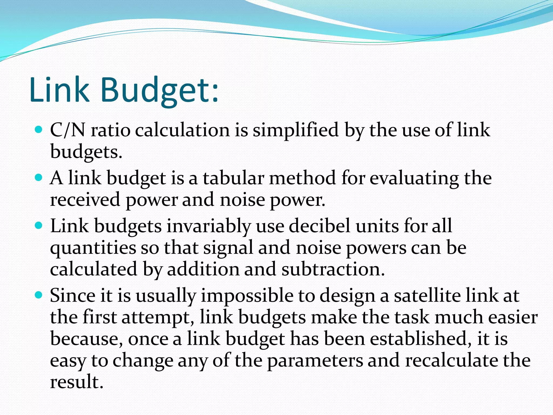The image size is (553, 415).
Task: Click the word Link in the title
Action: [x=59, y=90]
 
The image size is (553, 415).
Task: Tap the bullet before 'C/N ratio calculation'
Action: [x=39, y=130]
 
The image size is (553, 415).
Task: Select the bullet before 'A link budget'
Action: [x=39, y=178]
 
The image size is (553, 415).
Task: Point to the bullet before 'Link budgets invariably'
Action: [x=39, y=225]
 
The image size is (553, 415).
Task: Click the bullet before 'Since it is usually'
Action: [x=39, y=295]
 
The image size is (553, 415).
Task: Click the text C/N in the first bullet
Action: [x=68, y=130]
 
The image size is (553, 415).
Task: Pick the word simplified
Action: [x=295, y=130]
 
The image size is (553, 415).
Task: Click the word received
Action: [x=85, y=200]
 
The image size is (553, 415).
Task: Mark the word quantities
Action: [x=93, y=248]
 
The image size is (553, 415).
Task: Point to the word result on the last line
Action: [x=77, y=382]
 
